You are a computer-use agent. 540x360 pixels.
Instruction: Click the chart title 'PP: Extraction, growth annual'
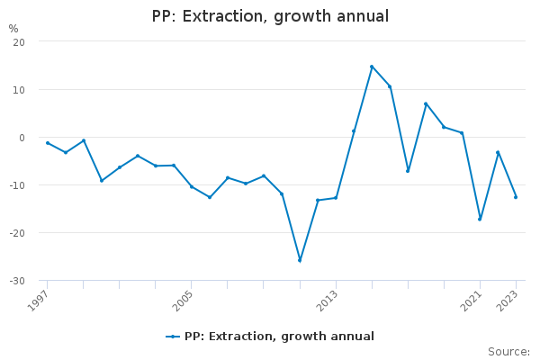coord(270,16)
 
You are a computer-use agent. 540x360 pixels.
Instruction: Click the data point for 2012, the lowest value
coord(300,260)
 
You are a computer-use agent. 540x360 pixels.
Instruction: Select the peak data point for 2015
coord(372,67)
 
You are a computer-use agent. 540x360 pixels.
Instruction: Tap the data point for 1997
coord(48,143)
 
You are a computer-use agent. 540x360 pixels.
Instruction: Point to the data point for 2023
coord(516,197)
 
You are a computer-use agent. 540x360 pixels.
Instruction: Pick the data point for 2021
coord(480,219)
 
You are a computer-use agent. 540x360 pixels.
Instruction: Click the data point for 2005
coord(192,186)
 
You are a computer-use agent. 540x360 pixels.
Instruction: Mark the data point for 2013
coord(336,198)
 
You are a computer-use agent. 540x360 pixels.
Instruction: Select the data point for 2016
coord(390,86)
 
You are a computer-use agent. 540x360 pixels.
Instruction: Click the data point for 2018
coord(426,103)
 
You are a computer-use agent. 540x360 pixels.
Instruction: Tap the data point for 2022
coord(498,152)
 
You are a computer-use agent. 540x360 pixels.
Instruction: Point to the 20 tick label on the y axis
coord(19,42)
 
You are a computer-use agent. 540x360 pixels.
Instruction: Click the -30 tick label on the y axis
coord(17,281)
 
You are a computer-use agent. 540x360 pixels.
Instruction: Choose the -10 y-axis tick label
coord(17,185)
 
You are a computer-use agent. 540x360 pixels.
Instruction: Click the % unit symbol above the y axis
coord(13,29)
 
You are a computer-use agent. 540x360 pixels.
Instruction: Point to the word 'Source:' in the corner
coord(508,351)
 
